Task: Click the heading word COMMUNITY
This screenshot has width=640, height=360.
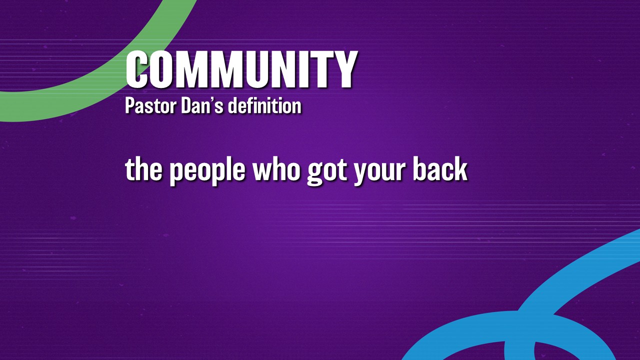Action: pyautogui.click(x=241, y=69)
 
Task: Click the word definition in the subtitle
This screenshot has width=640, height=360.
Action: pyautogui.click(x=264, y=105)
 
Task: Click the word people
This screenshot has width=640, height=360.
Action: pyautogui.click(x=207, y=171)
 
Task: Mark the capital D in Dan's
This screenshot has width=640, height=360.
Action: pyautogui.click(x=186, y=105)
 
